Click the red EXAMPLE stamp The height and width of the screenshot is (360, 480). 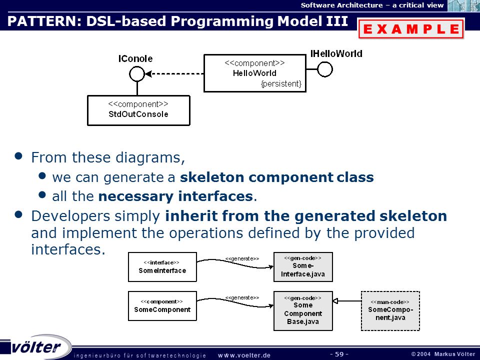[x=411, y=28]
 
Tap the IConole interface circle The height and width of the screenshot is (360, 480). [x=137, y=74]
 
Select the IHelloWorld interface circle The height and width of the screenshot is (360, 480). [x=325, y=69]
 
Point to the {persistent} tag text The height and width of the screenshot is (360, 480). [x=281, y=84]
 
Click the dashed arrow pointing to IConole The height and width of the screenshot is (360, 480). [x=174, y=74]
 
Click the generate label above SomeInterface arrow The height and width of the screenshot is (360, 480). [x=242, y=258]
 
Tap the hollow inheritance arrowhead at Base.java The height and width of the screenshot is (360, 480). [x=335, y=301]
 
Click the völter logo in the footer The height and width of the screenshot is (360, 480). [x=36, y=347]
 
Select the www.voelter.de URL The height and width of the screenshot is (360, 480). [x=244, y=355]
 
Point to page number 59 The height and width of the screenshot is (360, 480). [x=339, y=354]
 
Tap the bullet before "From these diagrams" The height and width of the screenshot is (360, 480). [x=18, y=156]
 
